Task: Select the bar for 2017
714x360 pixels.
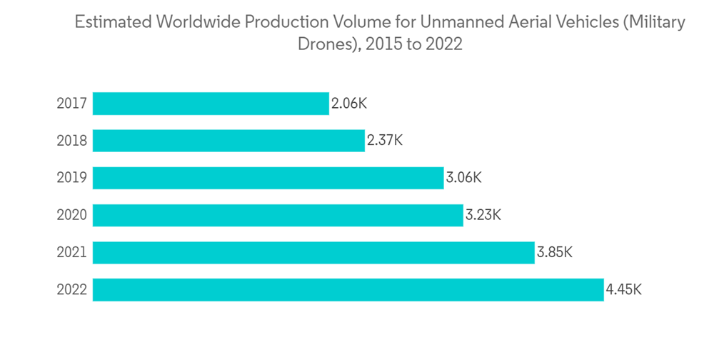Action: [x=211, y=104]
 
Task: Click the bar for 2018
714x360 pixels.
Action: [x=228, y=141]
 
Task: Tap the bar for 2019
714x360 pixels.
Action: [x=268, y=178]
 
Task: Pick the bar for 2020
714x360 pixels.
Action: [x=278, y=215]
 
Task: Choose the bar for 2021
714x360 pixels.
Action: [x=313, y=252]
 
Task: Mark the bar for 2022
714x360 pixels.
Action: [x=348, y=289]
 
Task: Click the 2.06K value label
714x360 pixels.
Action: [x=348, y=104]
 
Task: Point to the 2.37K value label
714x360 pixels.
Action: [x=385, y=141]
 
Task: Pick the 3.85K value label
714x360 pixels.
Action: [x=555, y=252]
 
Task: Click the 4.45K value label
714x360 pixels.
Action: [x=623, y=289]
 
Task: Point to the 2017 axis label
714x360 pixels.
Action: [x=72, y=104]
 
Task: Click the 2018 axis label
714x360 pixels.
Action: [x=72, y=141]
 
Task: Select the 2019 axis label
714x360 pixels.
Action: [x=72, y=178]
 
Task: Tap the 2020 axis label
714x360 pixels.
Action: [x=72, y=215]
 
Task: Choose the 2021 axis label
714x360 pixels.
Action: [x=72, y=252]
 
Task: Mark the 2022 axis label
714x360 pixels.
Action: [x=72, y=289]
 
